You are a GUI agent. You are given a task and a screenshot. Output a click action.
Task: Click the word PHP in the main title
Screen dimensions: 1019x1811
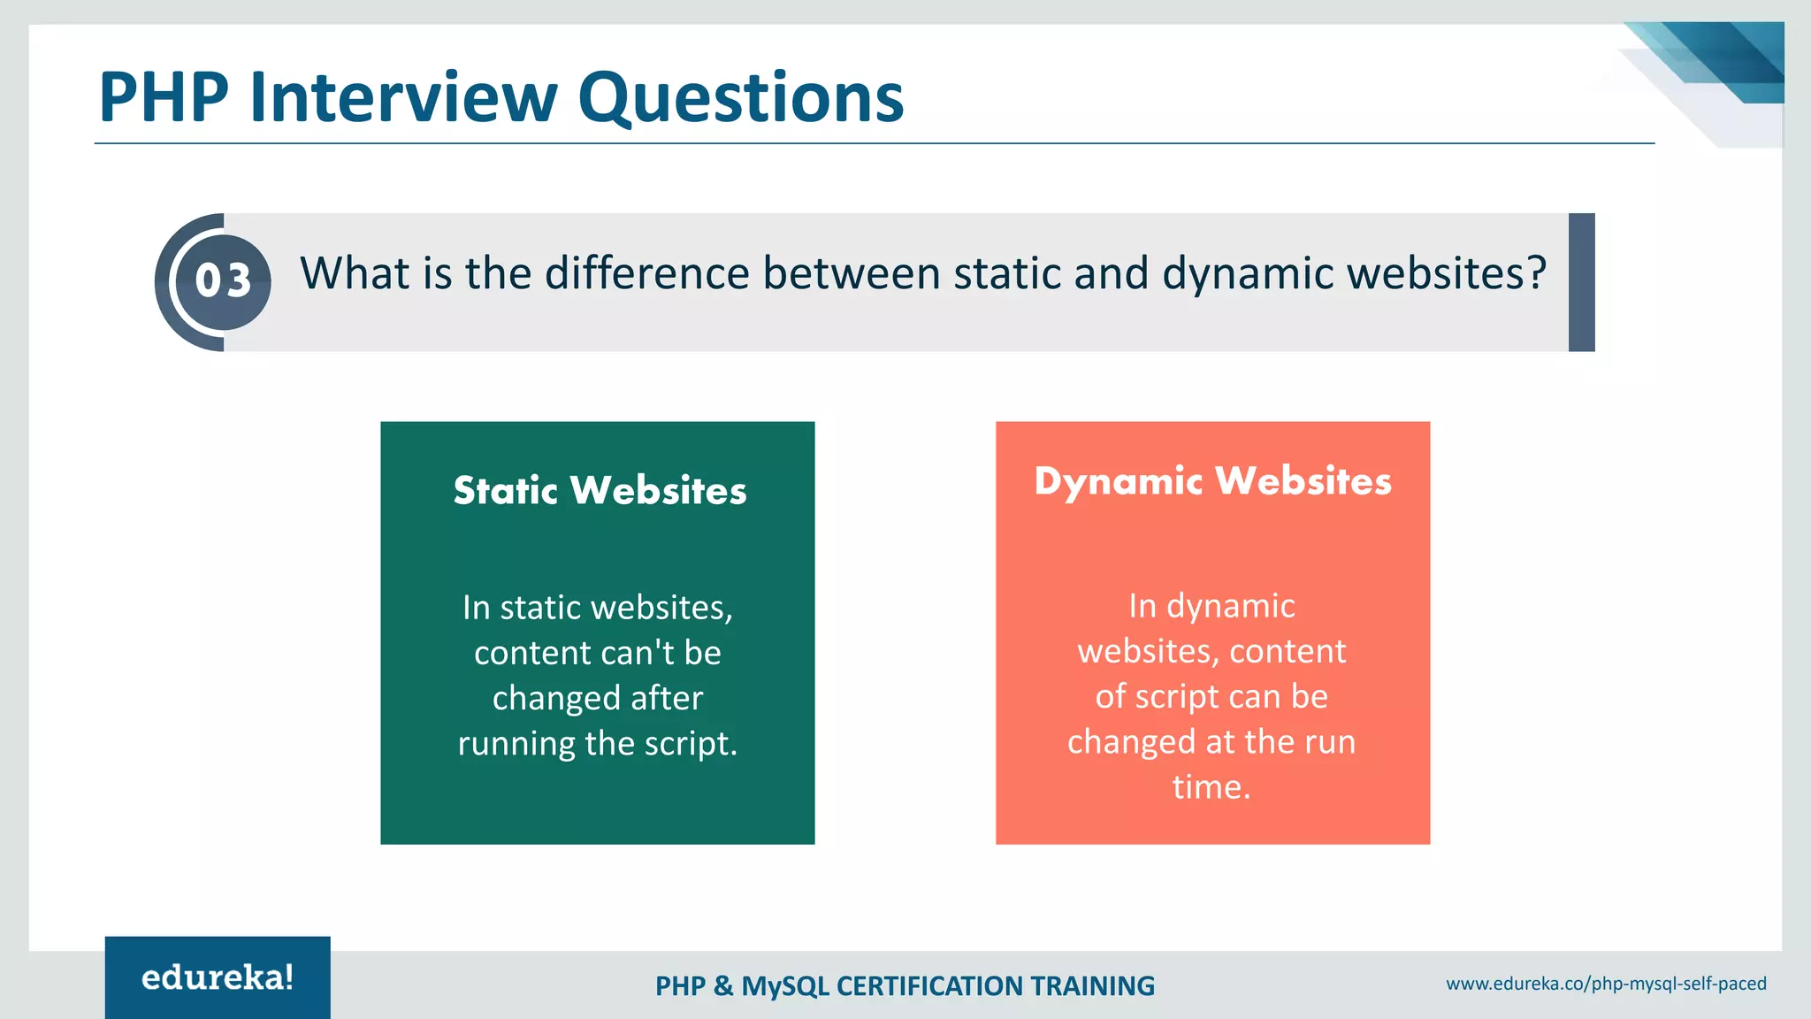164,97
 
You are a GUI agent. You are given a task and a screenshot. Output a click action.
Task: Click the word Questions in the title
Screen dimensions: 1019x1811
740,99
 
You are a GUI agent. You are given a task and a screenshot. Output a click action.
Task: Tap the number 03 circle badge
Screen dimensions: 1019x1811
223,281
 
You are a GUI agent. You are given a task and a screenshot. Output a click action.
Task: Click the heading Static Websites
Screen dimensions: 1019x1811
600,490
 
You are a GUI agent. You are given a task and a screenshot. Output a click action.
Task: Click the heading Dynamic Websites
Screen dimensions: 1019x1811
1212,481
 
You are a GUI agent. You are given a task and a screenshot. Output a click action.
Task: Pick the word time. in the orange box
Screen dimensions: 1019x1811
1211,786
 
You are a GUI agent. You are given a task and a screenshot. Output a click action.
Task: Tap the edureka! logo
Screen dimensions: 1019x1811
218,977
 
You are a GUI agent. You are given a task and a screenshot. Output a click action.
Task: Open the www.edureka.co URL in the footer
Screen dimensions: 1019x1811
1606,984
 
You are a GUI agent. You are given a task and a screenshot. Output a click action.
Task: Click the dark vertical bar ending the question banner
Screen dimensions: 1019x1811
1581,282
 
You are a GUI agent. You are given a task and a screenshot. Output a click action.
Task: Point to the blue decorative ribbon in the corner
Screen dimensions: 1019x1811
1724,62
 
